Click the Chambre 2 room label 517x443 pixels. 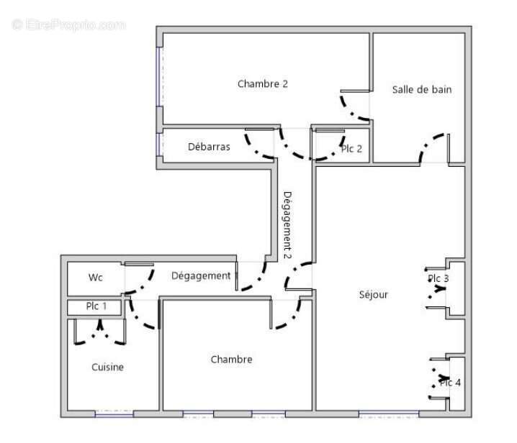pos(263,84)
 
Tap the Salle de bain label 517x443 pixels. pos(422,90)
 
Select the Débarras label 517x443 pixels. pos(209,147)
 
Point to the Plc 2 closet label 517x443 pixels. pos(351,149)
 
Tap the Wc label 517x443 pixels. pos(96,278)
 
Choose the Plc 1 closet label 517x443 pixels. pos(96,306)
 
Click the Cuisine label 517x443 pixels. pos(107,367)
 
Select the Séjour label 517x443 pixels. pos(374,294)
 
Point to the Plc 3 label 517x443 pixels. pos(438,278)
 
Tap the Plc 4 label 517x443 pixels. pos(450,383)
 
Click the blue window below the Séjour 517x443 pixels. pos(388,414)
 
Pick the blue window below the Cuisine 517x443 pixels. pos(114,414)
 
